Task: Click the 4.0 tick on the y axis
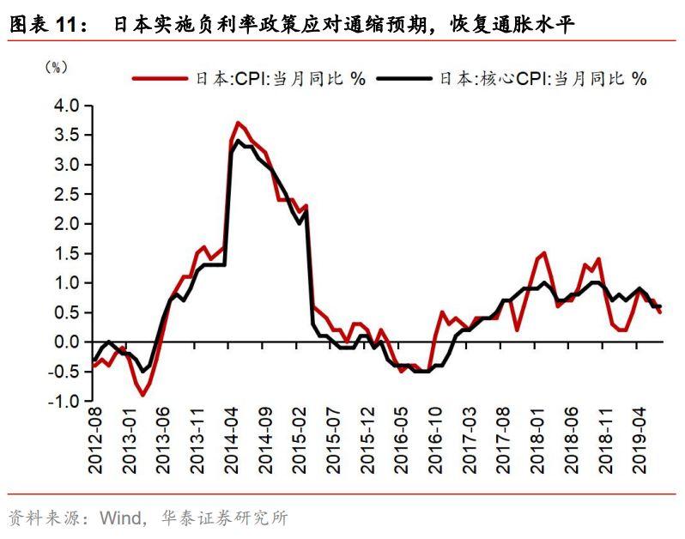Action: point(68,106)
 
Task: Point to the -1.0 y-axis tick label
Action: point(65,401)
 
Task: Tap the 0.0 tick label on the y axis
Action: point(68,342)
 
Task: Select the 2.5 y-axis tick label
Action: point(68,194)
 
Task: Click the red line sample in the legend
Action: point(160,79)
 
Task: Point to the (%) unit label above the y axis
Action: point(55,67)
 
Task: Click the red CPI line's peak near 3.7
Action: point(238,123)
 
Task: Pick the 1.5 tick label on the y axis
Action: point(68,253)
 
